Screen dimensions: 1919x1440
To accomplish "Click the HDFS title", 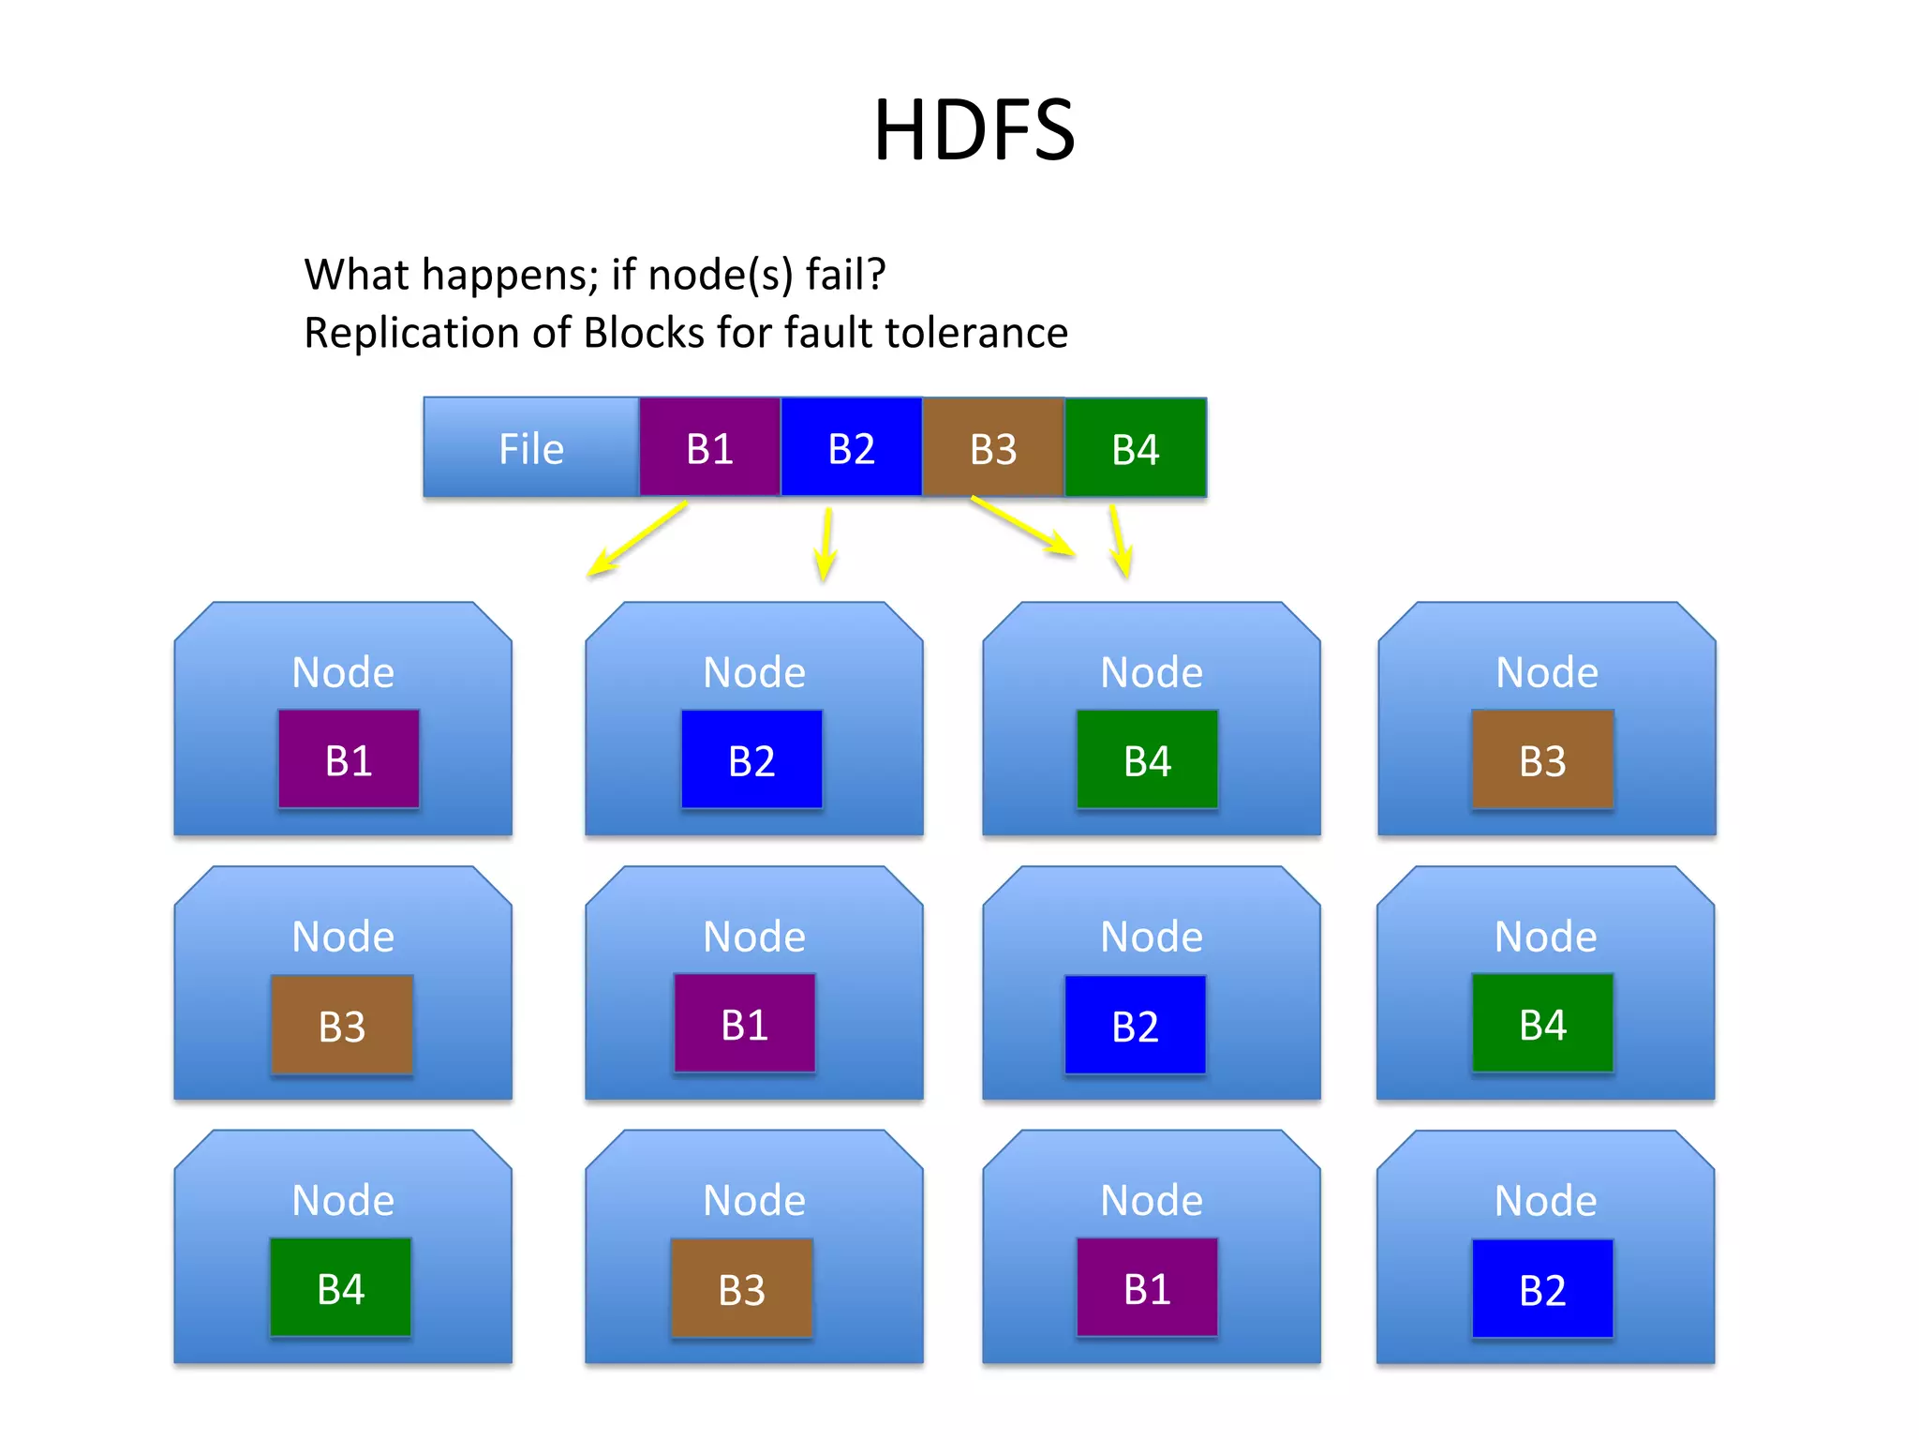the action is pos(974,130).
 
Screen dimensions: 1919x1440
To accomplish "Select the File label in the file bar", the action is pos(531,449).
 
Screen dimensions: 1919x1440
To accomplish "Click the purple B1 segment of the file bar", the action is pos(710,449).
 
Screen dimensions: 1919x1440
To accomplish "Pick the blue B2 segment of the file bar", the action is pos(851,449).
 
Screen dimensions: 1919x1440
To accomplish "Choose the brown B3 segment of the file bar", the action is pos(993,449).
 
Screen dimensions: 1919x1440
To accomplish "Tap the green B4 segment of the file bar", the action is pos(1136,449).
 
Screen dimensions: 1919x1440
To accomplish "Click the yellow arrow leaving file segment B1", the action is pos(637,538).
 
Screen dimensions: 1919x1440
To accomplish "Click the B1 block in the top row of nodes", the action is pos(349,760).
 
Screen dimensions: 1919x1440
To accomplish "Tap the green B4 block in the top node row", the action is pos(1147,760).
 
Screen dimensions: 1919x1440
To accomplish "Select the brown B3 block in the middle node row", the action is pos(342,1026).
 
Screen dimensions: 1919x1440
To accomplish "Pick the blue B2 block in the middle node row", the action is pos(1135,1026).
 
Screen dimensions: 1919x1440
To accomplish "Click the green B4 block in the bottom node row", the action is pos(340,1289).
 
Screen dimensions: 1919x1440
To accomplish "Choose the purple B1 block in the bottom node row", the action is pos(1147,1289).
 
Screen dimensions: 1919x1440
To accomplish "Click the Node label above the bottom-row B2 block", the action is pos(1545,1201).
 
